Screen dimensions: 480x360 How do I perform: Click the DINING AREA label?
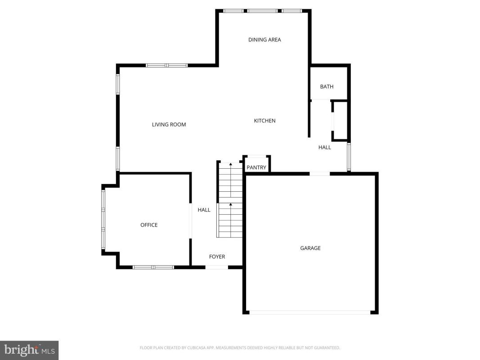click(265, 40)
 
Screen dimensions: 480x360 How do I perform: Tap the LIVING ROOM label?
click(169, 125)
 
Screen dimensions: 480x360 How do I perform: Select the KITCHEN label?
click(265, 121)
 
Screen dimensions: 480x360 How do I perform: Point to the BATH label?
click(327, 87)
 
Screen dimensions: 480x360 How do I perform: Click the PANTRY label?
click(256, 167)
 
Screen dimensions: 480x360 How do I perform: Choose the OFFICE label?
click(149, 225)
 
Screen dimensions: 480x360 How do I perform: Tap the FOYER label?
click(217, 256)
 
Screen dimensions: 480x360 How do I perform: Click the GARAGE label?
click(310, 248)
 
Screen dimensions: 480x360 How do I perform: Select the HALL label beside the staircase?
click(204, 210)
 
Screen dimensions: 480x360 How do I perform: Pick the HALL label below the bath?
click(324, 147)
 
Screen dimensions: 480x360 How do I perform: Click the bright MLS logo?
click(29, 350)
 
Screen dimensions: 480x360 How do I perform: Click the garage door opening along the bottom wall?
click(310, 313)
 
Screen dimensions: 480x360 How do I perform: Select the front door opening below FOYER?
click(217, 268)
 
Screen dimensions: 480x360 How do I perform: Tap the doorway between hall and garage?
click(319, 174)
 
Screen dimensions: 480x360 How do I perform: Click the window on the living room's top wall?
click(167, 65)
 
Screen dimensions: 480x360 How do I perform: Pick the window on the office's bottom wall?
click(153, 268)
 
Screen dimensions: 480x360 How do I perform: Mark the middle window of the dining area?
click(263, 11)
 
